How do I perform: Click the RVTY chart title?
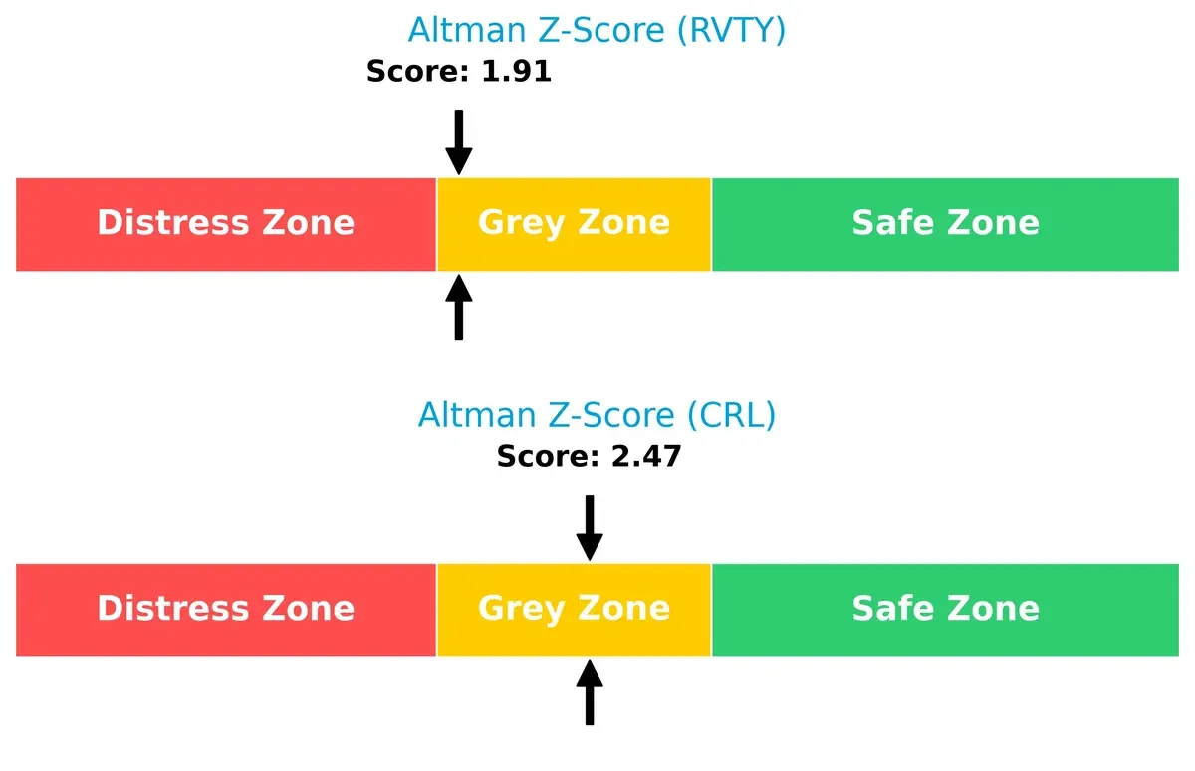pyautogui.click(x=597, y=30)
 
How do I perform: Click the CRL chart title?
pyautogui.click(x=597, y=414)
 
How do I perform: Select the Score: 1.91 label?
pyautogui.click(x=458, y=72)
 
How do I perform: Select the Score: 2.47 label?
pyautogui.click(x=589, y=457)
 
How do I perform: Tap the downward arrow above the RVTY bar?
pyautogui.click(x=458, y=141)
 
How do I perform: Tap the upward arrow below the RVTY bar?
pyautogui.click(x=458, y=308)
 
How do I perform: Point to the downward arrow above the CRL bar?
pyautogui.click(x=590, y=527)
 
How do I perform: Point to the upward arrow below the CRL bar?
pyautogui.click(x=590, y=693)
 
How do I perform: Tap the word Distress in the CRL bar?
pyautogui.click(x=171, y=608)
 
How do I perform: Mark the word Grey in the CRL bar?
pyautogui.click(x=521, y=608)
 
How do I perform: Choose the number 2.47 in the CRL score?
pyautogui.click(x=644, y=457)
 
